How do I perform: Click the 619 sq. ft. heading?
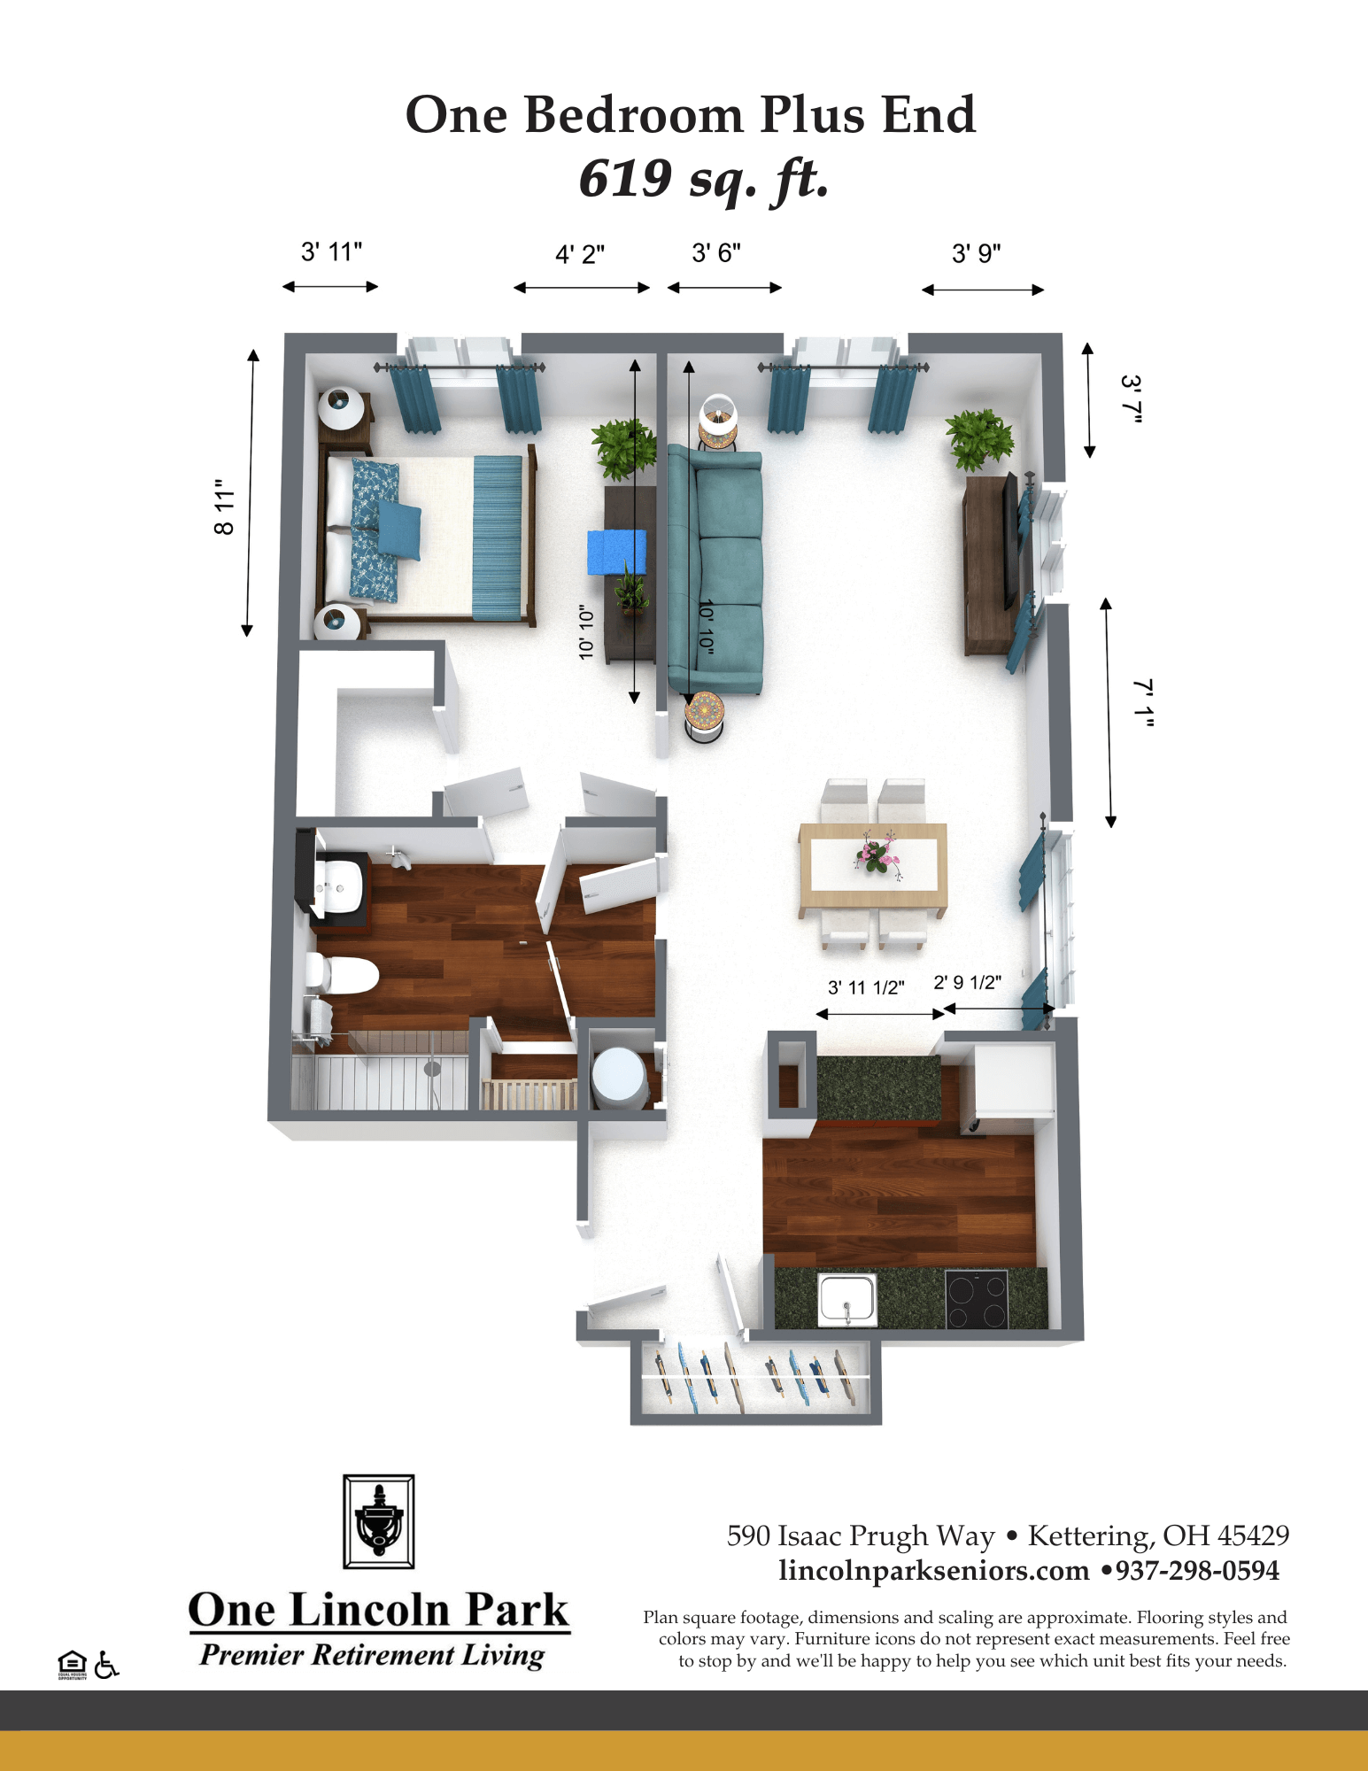pyautogui.click(x=704, y=180)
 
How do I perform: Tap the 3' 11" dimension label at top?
pyautogui.click(x=331, y=252)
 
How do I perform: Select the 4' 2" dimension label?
pyautogui.click(x=580, y=254)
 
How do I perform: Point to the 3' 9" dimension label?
pyautogui.click(x=977, y=254)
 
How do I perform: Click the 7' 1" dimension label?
pyautogui.click(x=1144, y=703)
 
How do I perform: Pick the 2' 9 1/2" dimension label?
pyautogui.click(x=968, y=982)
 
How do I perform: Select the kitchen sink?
pyautogui.click(x=847, y=1299)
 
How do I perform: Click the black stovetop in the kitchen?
pyautogui.click(x=977, y=1299)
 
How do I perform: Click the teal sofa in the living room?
pyautogui.click(x=715, y=570)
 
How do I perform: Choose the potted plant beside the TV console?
pyautogui.click(x=978, y=439)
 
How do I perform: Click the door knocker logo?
pyautogui.click(x=379, y=1521)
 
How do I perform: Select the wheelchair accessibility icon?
pyautogui.click(x=106, y=1665)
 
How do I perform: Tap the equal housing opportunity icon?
pyautogui.click(x=72, y=1665)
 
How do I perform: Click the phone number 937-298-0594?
pyautogui.click(x=1197, y=1571)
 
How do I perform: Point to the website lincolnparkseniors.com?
pyautogui.click(x=934, y=1571)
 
